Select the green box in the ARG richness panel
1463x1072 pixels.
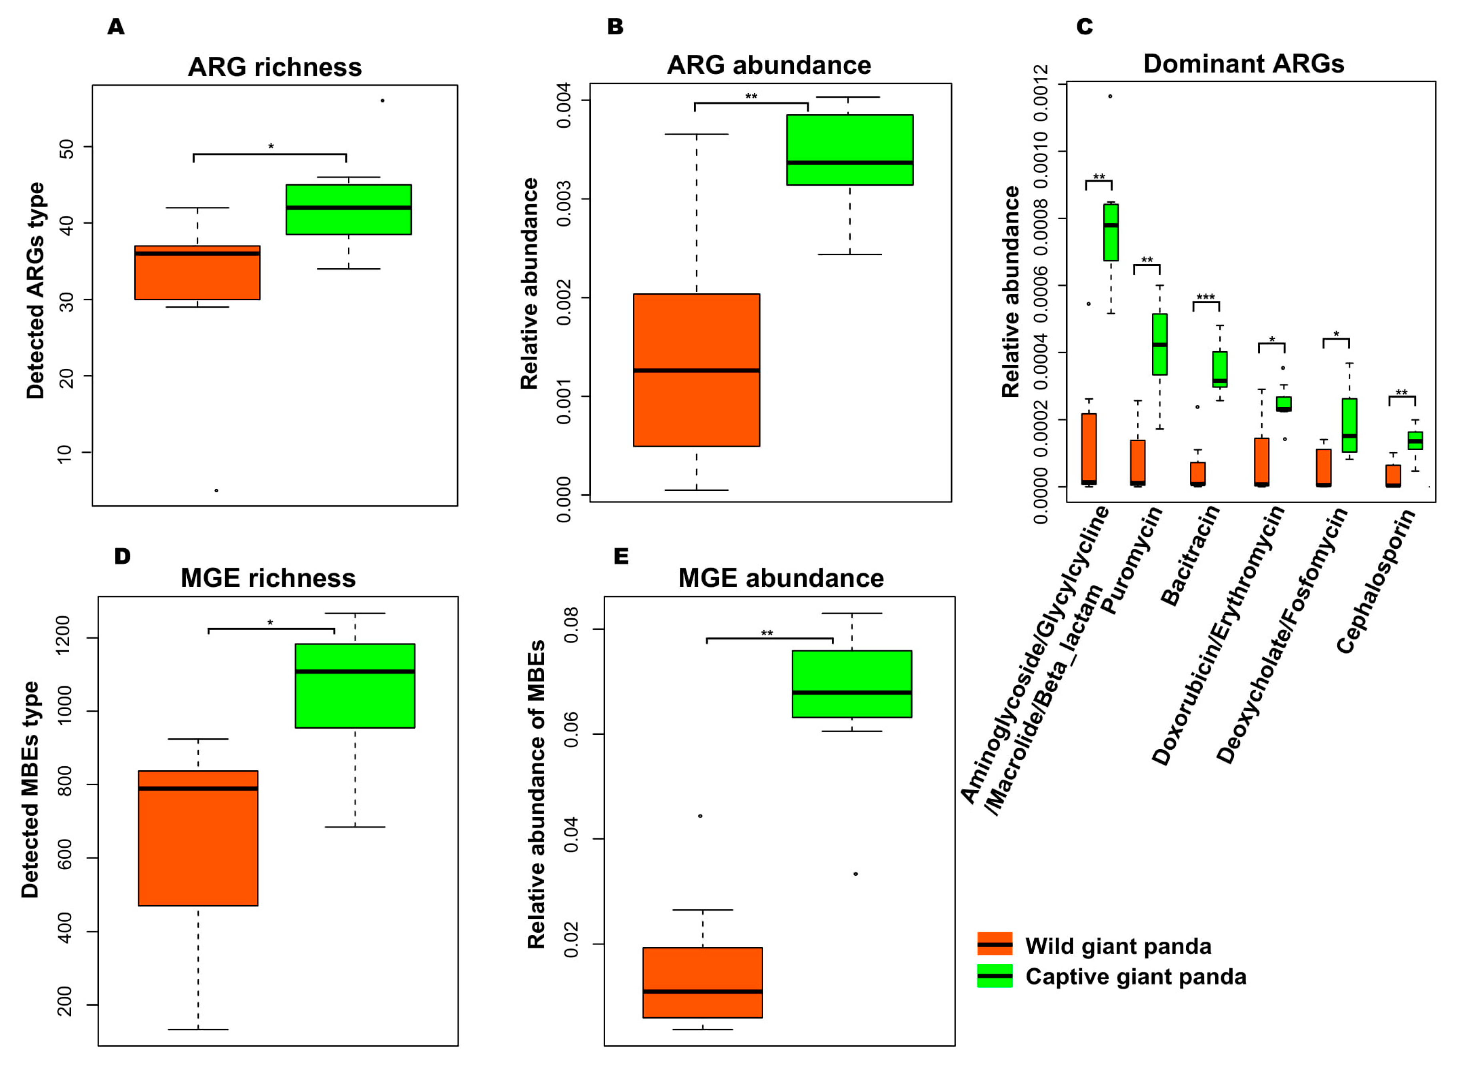(x=348, y=210)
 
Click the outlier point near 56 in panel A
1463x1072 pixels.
(x=382, y=100)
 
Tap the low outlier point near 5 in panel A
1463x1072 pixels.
(x=216, y=490)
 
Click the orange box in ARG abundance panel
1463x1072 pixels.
(x=696, y=370)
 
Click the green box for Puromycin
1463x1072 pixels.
(x=1160, y=344)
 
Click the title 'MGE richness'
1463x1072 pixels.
(x=268, y=578)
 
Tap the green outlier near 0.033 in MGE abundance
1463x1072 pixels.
(x=855, y=874)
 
